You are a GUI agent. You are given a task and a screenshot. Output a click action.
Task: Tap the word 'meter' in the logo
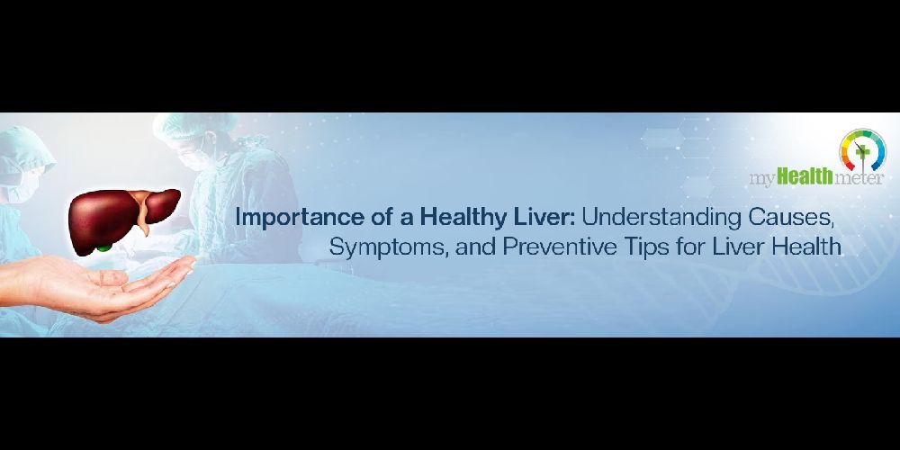coord(859,179)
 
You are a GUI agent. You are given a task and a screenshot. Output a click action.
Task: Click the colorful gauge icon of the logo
coord(862,150)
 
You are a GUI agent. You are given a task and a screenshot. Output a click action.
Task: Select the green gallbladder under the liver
coord(103,248)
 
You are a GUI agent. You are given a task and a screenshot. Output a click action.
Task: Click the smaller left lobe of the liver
coord(161,204)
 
